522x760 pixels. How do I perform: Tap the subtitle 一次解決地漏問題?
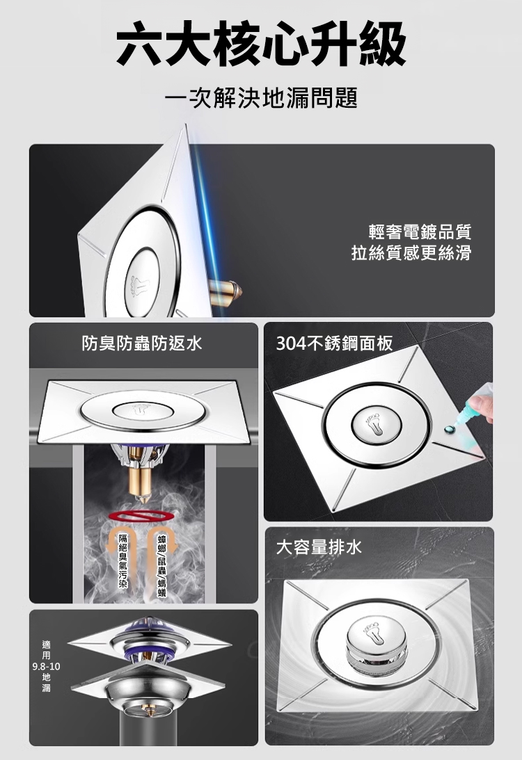click(x=261, y=98)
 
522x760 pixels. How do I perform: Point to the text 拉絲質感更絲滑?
click(x=411, y=252)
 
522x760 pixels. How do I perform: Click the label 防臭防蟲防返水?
click(x=141, y=342)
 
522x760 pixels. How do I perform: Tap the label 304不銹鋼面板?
click(x=334, y=342)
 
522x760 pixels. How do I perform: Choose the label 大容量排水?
click(x=318, y=547)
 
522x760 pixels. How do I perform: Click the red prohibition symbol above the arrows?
click(x=144, y=516)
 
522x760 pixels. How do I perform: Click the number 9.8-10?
click(x=46, y=666)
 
